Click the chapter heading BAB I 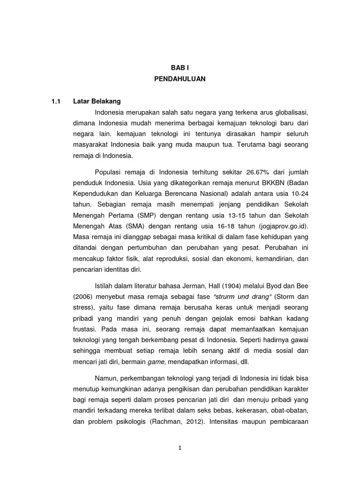coord(180,68)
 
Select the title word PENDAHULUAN coord(180,79)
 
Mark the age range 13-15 coord(220,216)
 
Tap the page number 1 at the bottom coord(180,447)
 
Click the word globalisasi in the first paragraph coord(290,112)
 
